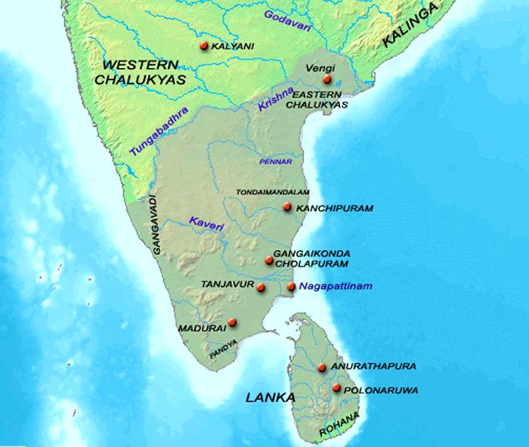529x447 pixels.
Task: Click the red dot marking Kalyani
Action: [203, 47]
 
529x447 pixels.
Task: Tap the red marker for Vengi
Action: [326, 79]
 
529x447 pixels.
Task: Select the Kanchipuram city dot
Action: [286, 207]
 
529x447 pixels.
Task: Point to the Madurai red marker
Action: [232, 322]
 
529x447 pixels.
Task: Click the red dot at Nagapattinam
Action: [292, 287]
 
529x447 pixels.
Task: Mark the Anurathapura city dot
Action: [322, 368]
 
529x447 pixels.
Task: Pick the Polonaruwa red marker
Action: [336, 389]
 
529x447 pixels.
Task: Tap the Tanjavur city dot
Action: [261, 288]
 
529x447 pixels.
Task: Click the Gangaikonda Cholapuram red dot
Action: [269, 261]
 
